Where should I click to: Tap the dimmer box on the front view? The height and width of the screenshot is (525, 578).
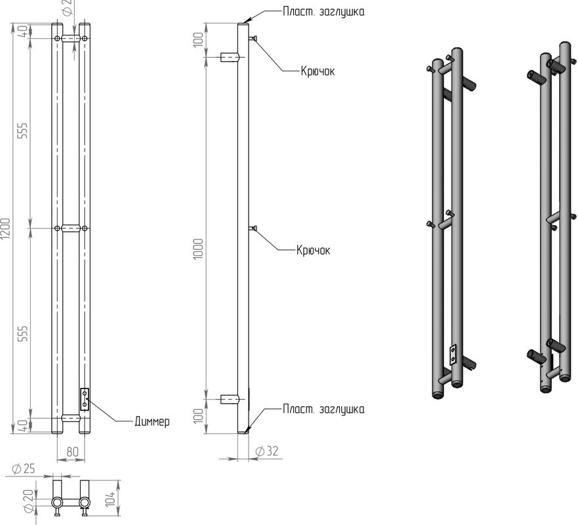pyautogui.click(x=85, y=398)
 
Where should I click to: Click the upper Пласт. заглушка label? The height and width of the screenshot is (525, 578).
pyautogui.click(x=324, y=11)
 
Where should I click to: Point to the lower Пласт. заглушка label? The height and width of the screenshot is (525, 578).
pyautogui.click(x=323, y=409)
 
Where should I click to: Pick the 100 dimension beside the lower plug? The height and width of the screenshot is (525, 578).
pyautogui.click(x=199, y=415)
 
